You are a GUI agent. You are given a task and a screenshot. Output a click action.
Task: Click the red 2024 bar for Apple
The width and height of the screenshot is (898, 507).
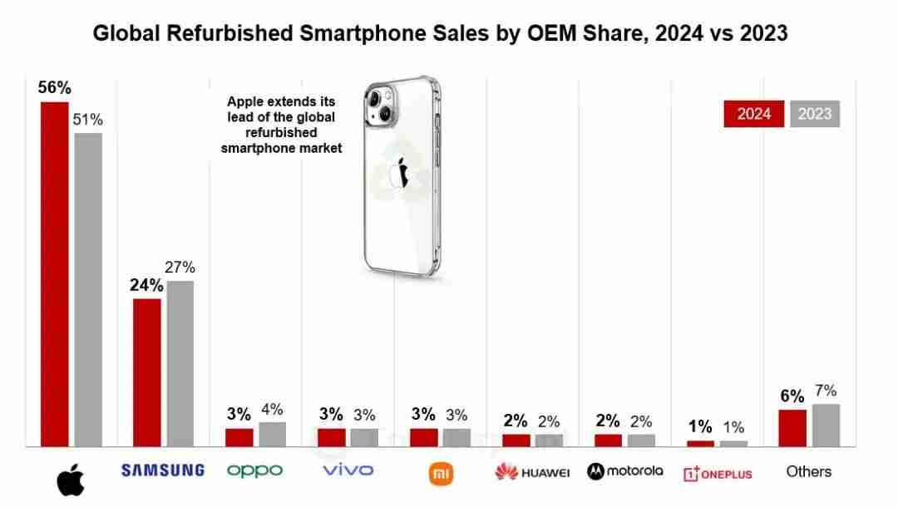(x=55, y=273)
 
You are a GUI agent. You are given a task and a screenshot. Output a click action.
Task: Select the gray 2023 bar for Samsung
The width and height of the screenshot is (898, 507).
(x=180, y=363)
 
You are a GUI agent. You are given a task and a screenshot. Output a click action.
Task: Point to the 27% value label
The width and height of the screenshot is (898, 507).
(x=180, y=268)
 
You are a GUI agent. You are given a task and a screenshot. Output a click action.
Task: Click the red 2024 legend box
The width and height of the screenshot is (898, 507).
(x=753, y=114)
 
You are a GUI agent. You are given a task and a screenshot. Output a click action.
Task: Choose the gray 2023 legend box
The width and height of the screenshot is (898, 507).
(x=815, y=114)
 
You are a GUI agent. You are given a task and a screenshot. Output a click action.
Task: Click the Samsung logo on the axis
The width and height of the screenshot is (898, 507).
(x=163, y=470)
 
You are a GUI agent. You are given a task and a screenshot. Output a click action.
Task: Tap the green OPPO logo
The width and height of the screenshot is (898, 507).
(x=255, y=470)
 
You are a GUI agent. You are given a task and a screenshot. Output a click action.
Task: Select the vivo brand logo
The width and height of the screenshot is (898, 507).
(x=348, y=470)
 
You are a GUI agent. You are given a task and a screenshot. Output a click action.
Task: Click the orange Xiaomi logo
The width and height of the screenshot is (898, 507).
(x=441, y=473)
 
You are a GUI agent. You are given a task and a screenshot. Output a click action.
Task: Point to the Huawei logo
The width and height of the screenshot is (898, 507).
(x=532, y=472)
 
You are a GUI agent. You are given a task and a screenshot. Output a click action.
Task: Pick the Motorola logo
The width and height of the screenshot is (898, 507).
(x=625, y=471)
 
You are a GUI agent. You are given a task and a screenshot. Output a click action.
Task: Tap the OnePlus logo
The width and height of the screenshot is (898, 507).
(x=717, y=473)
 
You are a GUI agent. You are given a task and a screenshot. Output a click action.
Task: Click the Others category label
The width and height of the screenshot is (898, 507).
(x=808, y=471)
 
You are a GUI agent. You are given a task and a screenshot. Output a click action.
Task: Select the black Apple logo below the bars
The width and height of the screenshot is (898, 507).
(x=71, y=480)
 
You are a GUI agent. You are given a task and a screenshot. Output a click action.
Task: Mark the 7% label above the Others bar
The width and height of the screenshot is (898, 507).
(x=826, y=391)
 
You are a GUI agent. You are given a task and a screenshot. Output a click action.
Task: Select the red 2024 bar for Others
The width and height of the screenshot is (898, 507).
(x=792, y=427)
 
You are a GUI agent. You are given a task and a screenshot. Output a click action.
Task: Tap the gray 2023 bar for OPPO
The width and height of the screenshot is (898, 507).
(x=272, y=434)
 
